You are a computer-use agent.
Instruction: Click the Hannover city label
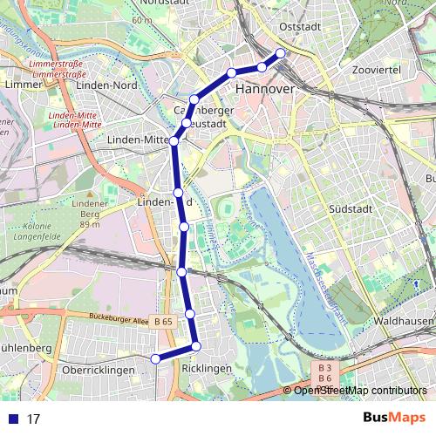264,90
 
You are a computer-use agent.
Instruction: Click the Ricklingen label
207,370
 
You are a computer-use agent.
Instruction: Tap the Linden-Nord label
106,85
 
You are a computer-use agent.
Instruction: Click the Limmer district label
17,85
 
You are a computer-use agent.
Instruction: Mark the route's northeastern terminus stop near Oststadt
281,53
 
